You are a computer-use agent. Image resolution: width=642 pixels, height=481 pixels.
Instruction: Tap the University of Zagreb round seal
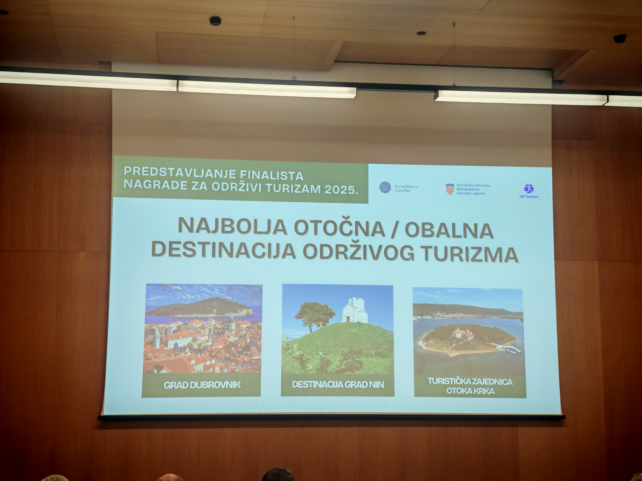pos(385,187)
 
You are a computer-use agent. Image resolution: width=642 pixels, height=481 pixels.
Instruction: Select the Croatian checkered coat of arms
pos(450,189)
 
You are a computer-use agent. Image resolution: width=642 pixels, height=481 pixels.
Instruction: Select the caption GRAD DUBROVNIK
pos(202,385)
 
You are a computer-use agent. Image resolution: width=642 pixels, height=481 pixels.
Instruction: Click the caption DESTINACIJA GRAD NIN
pos(338,384)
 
